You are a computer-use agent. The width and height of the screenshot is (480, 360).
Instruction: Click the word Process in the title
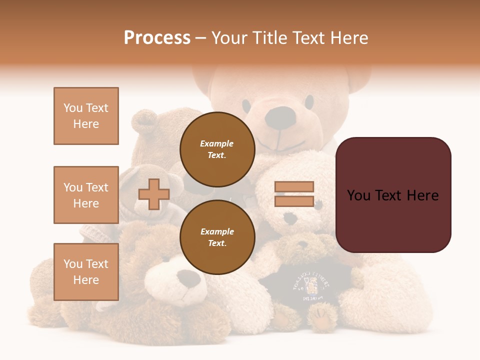point(157,38)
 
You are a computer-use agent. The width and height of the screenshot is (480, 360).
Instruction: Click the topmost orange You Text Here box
point(86,116)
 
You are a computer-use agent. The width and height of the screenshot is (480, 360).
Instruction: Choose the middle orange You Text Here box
point(86,195)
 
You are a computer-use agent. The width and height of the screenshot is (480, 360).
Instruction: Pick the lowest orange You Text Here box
point(86,272)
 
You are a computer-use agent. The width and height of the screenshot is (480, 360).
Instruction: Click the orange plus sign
point(153,194)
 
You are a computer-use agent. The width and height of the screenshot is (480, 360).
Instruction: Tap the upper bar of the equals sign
point(294,187)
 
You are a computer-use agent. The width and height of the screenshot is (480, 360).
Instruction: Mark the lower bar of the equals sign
point(294,201)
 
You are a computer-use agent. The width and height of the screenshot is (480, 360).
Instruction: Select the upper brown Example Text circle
point(217,149)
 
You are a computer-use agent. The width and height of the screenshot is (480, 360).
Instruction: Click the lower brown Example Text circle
point(217,237)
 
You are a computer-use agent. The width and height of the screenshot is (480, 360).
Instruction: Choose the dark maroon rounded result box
point(393,195)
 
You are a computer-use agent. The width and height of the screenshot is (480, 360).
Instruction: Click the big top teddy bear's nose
point(279,116)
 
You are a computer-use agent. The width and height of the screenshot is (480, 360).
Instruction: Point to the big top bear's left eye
point(246,105)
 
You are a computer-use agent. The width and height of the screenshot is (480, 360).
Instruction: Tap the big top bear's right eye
point(309,102)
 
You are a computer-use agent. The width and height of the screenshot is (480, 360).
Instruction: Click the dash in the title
point(200,38)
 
